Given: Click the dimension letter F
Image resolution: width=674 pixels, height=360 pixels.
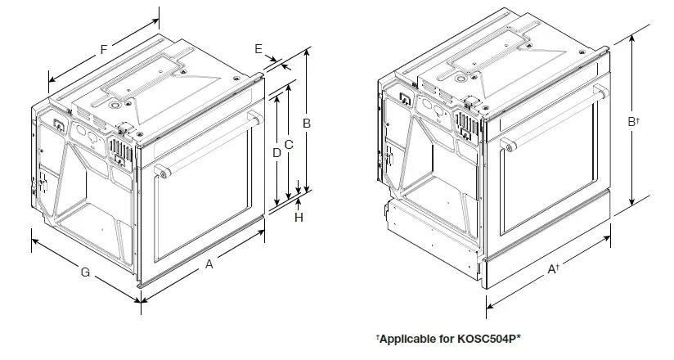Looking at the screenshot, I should pyautogui.click(x=104, y=49).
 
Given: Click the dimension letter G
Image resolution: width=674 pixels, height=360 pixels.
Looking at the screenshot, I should pyautogui.click(x=84, y=272).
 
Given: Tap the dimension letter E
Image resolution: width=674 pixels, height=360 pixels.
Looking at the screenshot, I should pyautogui.click(x=258, y=50).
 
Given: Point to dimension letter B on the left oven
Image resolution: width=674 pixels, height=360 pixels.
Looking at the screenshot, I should pyautogui.click(x=306, y=123).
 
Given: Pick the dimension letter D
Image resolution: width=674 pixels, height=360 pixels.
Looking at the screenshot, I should pyautogui.click(x=276, y=152).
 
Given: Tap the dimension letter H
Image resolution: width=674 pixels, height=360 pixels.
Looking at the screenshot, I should pyautogui.click(x=299, y=218).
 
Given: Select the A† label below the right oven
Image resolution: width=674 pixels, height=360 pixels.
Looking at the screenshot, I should pyautogui.click(x=554, y=268).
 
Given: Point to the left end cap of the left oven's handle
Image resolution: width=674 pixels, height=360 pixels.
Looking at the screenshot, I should pyautogui.click(x=161, y=172).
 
